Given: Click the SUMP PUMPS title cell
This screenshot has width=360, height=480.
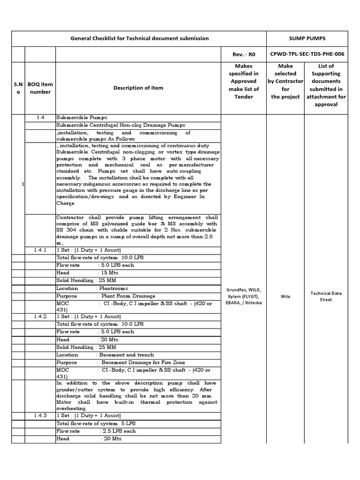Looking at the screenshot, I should point(307,38).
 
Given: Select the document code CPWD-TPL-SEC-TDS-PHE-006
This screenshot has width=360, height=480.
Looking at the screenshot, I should point(307,54).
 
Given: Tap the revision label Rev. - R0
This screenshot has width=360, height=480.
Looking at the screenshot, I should point(243,54).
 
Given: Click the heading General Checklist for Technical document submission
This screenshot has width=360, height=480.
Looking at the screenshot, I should point(139,38).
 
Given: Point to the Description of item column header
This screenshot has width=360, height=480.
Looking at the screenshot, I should point(138,88).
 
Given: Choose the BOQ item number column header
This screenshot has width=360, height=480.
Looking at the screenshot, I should point(40,88).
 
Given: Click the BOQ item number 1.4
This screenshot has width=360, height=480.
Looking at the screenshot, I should point(40,117).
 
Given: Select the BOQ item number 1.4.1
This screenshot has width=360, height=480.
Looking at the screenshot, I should point(40,250).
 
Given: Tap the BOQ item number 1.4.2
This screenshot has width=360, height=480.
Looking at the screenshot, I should point(40,316).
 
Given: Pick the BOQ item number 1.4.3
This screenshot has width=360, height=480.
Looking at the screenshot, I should point(40,415).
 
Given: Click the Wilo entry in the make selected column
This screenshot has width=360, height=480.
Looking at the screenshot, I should point(285,296).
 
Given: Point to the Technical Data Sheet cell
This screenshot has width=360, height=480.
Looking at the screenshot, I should point(326,296).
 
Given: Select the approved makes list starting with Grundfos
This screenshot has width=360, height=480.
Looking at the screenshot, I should point(243,296).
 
